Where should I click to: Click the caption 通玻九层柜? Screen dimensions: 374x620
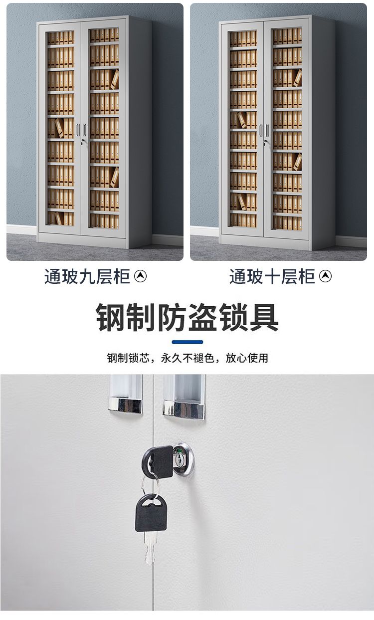pyautogui.click(x=87, y=276)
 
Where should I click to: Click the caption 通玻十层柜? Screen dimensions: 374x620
pyautogui.click(x=272, y=276)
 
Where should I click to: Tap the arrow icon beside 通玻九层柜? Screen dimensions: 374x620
pyautogui.click(x=140, y=276)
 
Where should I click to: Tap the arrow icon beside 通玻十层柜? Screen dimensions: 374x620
pyautogui.click(x=325, y=276)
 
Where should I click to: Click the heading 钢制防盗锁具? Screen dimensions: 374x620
pyautogui.click(x=187, y=317)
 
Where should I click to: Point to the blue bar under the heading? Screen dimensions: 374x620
pyautogui.click(x=187, y=342)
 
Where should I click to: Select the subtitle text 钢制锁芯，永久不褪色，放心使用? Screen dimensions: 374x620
pyautogui.click(x=187, y=358)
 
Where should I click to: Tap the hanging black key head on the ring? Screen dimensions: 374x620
pyautogui.click(x=151, y=513)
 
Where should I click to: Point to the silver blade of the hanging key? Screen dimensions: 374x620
pyautogui.click(x=150, y=548)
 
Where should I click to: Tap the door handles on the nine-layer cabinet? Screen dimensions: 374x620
pyautogui.click(x=81, y=130)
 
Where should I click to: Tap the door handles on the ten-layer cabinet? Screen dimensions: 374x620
pyautogui.click(x=264, y=131)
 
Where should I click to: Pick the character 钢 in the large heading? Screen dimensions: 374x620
pyautogui.click(x=110, y=317)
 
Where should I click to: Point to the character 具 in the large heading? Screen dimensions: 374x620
pyautogui.click(x=264, y=317)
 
